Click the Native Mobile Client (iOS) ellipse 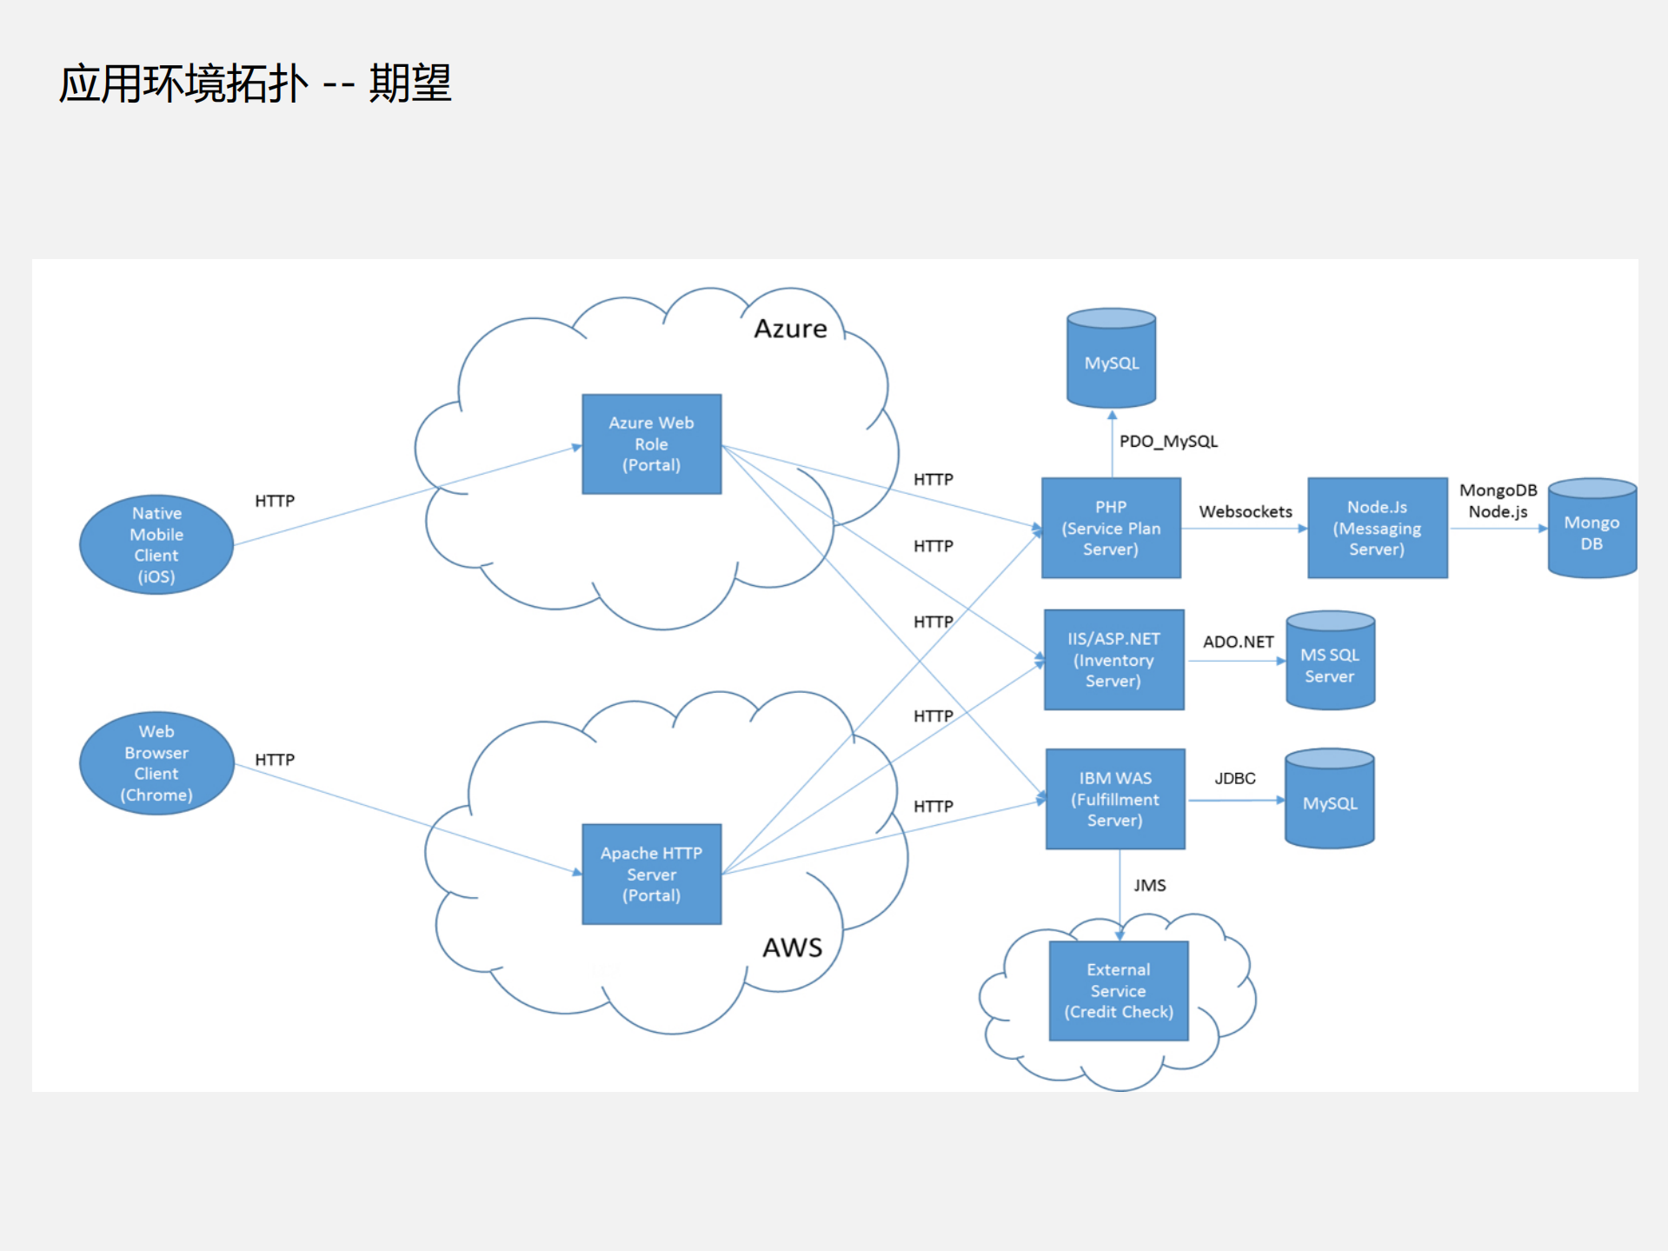click(x=156, y=545)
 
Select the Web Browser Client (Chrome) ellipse click(x=156, y=763)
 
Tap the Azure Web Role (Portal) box click(x=651, y=444)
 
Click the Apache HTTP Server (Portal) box click(x=651, y=874)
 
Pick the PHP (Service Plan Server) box click(x=1111, y=528)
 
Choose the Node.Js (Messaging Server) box click(x=1377, y=528)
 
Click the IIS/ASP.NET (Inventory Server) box click(x=1113, y=660)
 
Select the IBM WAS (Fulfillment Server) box click(x=1115, y=799)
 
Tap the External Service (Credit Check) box click(x=1119, y=991)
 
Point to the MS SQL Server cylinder click(x=1330, y=662)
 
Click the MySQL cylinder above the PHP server click(x=1111, y=361)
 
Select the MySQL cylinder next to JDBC click(x=1330, y=801)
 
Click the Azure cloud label click(x=790, y=329)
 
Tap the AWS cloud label click(x=792, y=948)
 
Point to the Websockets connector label click(x=1245, y=512)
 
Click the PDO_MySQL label click(x=1168, y=442)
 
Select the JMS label click(x=1149, y=886)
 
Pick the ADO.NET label click(x=1238, y=642)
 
